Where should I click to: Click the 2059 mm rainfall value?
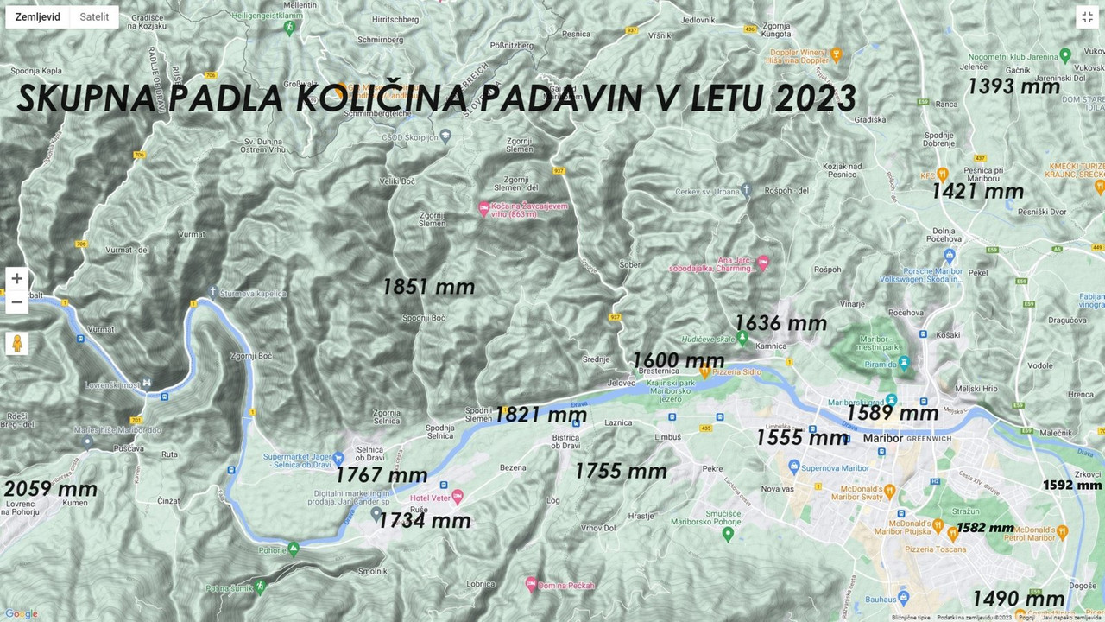click(50, 490)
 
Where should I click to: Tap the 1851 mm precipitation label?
click(428, 287)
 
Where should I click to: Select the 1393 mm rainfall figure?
click(1013, 86)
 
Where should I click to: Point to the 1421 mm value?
click(977, 191)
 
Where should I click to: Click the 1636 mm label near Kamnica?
click(780, 324)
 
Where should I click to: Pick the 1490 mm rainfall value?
click(1018, 599)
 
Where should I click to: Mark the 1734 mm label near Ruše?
click(425, 521)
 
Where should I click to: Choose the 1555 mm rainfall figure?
click(801, 438)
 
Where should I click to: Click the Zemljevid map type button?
click(38, 17)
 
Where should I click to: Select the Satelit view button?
click(94, 17)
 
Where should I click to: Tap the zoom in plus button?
click(16, 279)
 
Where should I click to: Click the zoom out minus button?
click(16, 301)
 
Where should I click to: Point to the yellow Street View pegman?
click(16, 344)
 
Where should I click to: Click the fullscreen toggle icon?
click(1087, 17)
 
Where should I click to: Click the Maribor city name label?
click(882, 438)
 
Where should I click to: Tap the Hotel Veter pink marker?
click(458, 497)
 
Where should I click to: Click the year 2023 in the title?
click(815, 98)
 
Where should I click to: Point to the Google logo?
click(22, 614)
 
